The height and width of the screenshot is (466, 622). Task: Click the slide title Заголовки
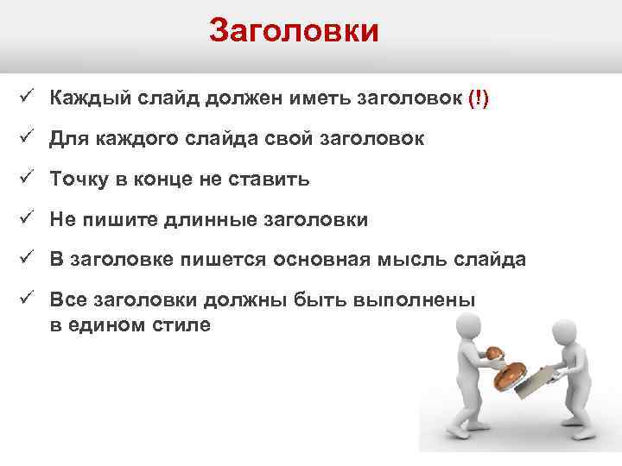294,32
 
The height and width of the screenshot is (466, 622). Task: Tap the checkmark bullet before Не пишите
24,219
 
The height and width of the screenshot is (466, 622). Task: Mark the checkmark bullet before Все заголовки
24,300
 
